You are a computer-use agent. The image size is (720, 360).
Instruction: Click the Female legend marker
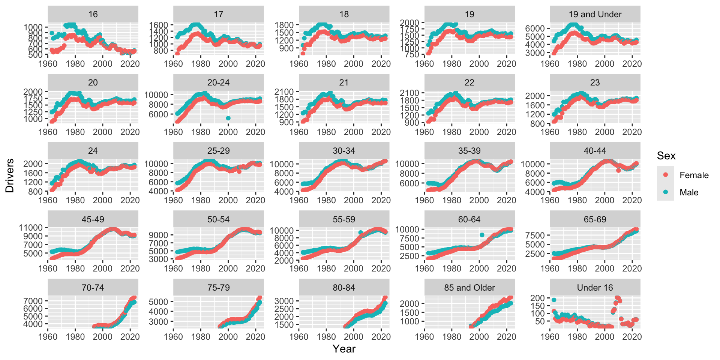(x=666, y=175)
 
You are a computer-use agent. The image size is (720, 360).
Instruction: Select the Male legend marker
(x=666, y=192)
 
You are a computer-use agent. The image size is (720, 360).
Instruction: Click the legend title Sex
(x=666, y=156)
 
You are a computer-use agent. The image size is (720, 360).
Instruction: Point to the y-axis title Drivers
(x=10, y=175)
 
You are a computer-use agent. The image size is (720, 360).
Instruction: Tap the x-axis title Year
(x=344, y=349)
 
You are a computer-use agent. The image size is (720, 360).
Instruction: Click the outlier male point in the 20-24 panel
(x=228, y=118)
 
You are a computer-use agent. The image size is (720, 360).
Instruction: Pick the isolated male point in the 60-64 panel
(x=482, y=235)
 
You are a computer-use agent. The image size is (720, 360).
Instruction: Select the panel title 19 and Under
(x=595, y=14)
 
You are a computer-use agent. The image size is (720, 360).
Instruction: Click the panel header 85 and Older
(x=469, y=288)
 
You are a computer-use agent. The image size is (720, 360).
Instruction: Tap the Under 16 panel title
(x=595, y=288)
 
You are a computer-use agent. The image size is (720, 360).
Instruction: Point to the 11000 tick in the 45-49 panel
(x=31, y=228)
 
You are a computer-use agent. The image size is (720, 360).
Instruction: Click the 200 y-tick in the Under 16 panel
(x=537, y=298)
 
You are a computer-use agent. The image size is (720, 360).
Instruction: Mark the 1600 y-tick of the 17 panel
(x=158, y=25)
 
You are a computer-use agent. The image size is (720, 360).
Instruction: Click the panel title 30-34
(x=344, y=151)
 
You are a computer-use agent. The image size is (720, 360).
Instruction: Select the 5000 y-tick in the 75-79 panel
(x=158, y=301)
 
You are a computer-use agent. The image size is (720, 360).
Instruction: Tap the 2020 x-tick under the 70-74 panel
(x=130, y=337)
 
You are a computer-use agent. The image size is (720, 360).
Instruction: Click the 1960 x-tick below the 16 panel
(x=48, y=64)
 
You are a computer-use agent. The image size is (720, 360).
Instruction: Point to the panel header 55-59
(x=344, y=219)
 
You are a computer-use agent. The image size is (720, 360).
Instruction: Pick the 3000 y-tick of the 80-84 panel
(x=284, y=301)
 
